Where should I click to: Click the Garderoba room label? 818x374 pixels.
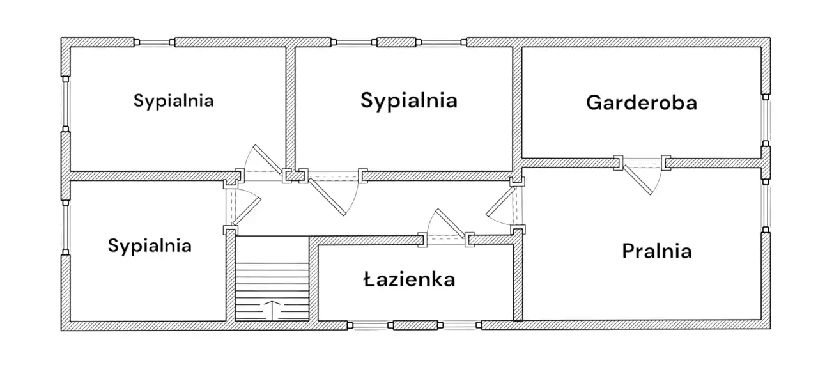point(641,102)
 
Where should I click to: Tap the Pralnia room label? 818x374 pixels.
point(656,251)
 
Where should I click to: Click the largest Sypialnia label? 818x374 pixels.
point(409,100)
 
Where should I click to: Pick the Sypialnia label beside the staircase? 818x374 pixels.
point(150,245)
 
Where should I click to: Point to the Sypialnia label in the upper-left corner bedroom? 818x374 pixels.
point(173,100)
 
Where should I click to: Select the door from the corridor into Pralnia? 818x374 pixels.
point(502,206)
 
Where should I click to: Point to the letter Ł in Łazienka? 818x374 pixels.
point(369,279)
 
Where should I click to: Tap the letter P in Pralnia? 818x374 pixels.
point(628,251)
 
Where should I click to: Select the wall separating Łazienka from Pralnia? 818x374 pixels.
point(518,281)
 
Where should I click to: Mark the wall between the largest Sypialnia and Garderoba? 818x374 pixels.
point(517,102)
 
